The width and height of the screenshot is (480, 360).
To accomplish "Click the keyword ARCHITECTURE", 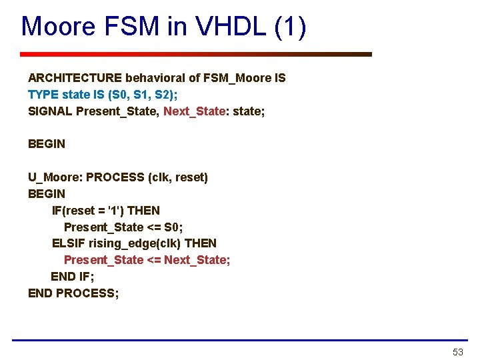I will (x=75, y=78).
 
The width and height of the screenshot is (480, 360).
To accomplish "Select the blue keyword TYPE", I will (x=43, y=95).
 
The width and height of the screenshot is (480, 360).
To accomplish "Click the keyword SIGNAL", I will (x=50, y=111).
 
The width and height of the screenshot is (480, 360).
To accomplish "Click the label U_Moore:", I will (x=55, y=177).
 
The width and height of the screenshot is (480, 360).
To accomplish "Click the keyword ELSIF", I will (x=69, y=243).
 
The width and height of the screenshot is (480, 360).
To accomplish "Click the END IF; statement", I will (x=72, y=276).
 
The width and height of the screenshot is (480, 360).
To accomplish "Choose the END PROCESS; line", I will (x=73, y=293).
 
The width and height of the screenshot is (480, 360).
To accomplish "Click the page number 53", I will (x=457, y=351).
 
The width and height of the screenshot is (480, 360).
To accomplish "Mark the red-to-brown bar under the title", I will (x=195, y=54).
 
